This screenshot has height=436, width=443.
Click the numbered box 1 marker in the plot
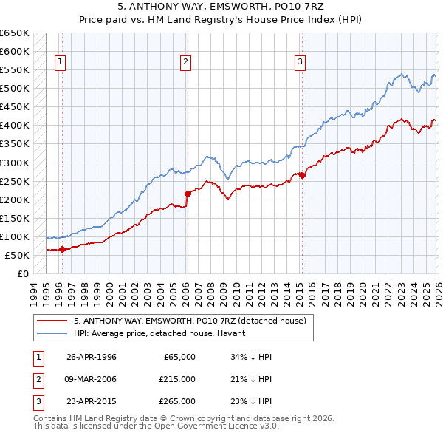60,62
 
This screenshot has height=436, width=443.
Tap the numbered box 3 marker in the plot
301,62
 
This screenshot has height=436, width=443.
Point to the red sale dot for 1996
62,249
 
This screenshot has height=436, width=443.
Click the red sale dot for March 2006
187,194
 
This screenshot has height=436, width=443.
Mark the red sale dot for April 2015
302,175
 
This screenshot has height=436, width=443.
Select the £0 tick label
22,273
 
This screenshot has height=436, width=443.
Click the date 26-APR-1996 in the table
92,357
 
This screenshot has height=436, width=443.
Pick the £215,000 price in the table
176,379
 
